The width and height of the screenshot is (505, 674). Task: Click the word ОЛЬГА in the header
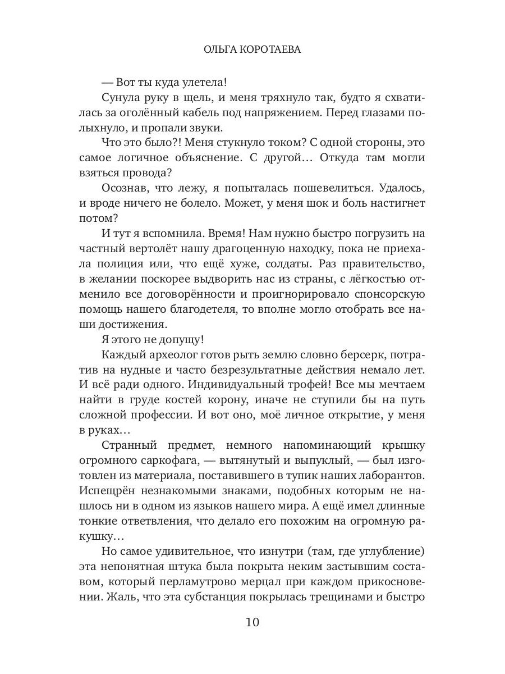pyautogui.click(x=219, y=50)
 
